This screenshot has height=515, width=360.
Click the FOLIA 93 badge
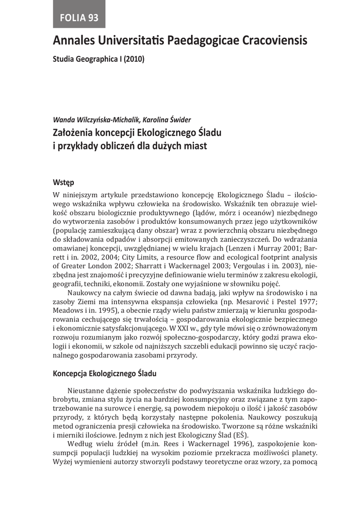coord(79,18)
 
